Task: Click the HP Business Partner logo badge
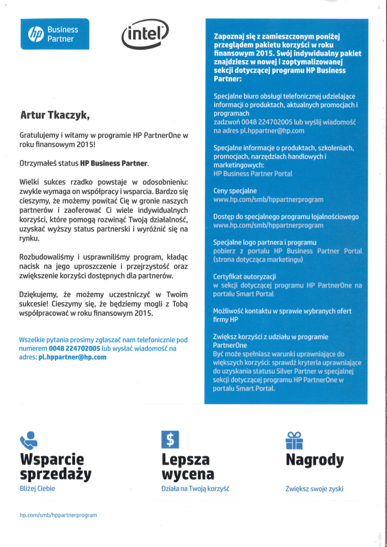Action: [54, 34]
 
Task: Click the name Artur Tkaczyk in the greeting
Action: [54, 115]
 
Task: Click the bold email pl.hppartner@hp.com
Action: [73, 357]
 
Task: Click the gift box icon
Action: [294, 440]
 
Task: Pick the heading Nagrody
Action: [314, 460]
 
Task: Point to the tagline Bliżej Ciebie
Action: [37, 489]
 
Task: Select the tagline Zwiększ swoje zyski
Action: [314, 489]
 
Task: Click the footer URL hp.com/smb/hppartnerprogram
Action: [58, 515]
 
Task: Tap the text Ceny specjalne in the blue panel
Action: [235, 191]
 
